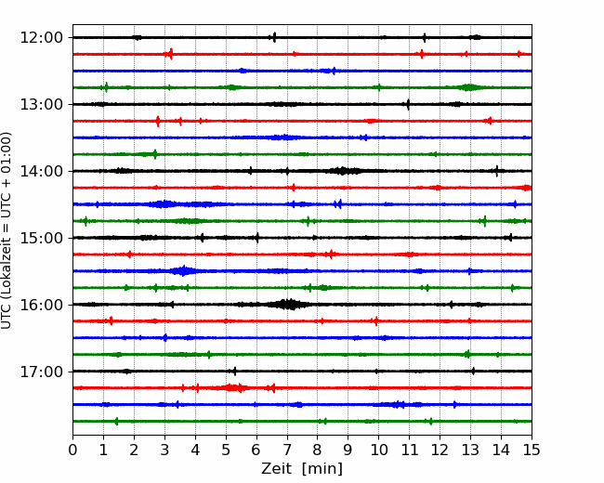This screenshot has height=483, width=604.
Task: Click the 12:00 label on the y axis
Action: coord(41,38)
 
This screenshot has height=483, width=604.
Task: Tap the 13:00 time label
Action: coord(41,104)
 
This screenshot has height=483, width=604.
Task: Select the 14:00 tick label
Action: coord(41,171)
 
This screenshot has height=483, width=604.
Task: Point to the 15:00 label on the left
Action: coord(41,238)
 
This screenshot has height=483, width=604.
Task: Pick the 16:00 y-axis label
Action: coord(41,305)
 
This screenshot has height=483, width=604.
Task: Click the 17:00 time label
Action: coord(41,372)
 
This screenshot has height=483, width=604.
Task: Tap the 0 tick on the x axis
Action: coord(72,450)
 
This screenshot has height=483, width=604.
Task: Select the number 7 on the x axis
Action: coord(287,450)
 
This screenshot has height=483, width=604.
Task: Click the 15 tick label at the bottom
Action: coord(532,450)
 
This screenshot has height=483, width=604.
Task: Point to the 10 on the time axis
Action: coord(378,450)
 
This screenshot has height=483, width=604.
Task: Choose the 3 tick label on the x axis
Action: coord(164,450)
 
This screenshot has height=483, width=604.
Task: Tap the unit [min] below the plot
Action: coord(322,469)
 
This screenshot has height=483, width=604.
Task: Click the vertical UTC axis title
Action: coord(6,230)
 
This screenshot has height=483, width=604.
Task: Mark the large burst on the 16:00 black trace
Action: coord(289,305)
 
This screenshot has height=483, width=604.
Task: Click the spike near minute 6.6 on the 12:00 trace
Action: coord(274,37)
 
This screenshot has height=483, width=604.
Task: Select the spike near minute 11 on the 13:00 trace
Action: coord(408,104)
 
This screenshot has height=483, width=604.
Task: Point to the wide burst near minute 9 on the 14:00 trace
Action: coord(343,171)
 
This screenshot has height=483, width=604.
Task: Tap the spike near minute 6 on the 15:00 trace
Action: coord(257,238)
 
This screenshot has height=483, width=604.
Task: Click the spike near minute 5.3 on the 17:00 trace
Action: coord(235,372)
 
